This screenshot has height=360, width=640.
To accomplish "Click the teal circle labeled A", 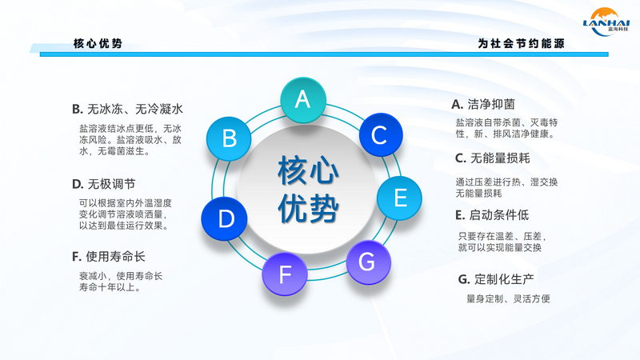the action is [303, 100].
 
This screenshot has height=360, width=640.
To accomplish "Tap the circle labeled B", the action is [229, 138].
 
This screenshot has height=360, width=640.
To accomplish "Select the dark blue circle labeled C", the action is [381, 134].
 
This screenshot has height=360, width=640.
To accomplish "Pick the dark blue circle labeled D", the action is [224, 218].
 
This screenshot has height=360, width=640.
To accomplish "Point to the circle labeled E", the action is [399, 198].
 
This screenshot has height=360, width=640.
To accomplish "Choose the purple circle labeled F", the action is [285, 274].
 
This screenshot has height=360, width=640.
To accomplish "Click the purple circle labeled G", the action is [369, 262].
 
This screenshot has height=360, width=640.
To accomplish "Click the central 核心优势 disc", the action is [306, 189].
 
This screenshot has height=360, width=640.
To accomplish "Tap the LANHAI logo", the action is [606, 22].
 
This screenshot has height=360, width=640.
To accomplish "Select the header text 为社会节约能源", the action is [522, 43].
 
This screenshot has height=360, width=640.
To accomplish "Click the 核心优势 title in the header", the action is [98, 43].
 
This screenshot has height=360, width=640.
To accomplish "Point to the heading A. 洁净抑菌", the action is [483, 105].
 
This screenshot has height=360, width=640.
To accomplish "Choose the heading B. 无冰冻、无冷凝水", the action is [127, 109].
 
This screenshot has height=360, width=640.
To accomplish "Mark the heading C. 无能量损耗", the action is [492, 158].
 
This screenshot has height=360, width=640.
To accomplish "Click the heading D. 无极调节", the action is [103, 184].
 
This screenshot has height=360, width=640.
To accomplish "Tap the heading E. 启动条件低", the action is [492, 214].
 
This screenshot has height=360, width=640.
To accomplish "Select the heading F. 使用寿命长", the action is [108, 256].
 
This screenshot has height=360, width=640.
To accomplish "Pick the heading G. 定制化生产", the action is [496, 279].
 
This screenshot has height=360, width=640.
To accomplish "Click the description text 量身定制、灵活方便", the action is [508, 298].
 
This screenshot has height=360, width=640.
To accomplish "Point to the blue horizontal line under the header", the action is [324, 54].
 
